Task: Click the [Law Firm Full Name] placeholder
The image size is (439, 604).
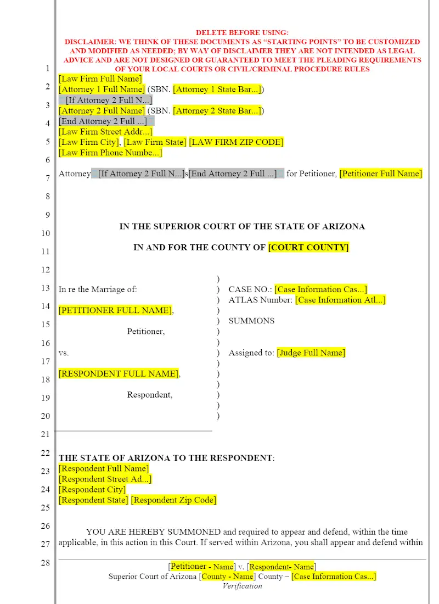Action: pyautogui.click(x=100, y=79)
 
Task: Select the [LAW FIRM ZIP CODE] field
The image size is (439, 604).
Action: pyautogui.click(x=236, y=142)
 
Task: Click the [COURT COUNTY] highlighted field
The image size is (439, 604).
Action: pyautogui.click(x=308, y=247)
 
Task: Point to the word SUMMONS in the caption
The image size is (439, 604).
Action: pyautogui.click(x=251, y=321)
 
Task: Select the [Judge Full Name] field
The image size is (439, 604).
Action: pyautogui.click(x=311, y=353)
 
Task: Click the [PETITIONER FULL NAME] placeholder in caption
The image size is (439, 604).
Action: pyautogui.click(x=115, y=310)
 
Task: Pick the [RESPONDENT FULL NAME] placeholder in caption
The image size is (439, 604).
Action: pyautogui.click(x=119, y=373)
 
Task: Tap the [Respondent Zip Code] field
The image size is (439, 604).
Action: pyautogui.click(x=174, y=500)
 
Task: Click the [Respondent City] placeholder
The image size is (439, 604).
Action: pyautogui.click(x=92, y=489)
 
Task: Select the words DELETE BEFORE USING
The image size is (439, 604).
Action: pyautogui.click(x=242, y=33)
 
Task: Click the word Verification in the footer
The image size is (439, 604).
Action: pyautogui.click(x=242, y=586)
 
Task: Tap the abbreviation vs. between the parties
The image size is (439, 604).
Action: pyautogui.click(x=64, y=353)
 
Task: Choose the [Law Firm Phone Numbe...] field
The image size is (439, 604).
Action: pyautogui.click(x=110, y=153)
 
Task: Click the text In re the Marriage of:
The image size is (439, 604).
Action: pyautogui.click(x=98, y=289)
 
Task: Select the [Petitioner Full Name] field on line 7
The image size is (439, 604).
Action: pyautogui.click(x=381, y=174)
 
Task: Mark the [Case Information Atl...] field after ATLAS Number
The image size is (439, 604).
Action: pyautogui.click(x=340, y=300)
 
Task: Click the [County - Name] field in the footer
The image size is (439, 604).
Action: pyautogui.click(x=227, y=576)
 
